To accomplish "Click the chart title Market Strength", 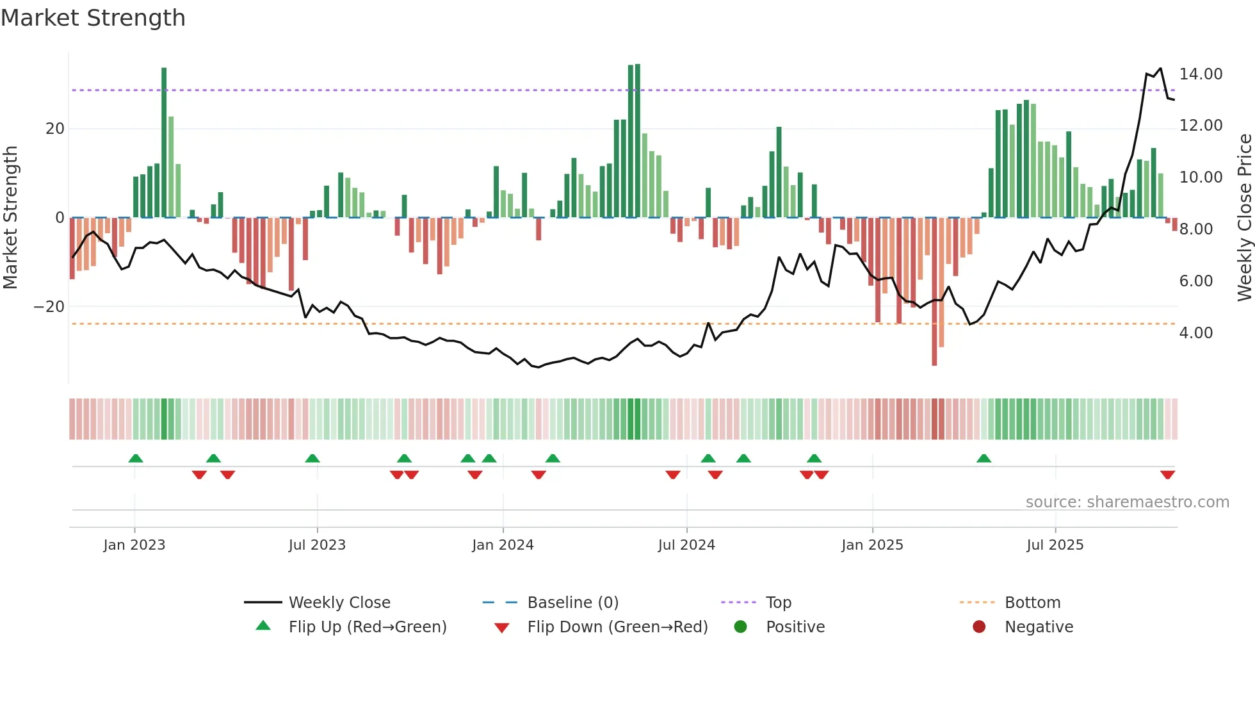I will click(x=93, y=18).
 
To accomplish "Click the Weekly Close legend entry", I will click(x=339, y=602).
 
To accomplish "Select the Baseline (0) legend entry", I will click(x=572, y=602).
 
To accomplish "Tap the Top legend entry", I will click(x=778, y=602).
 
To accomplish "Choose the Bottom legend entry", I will click(x=1032, y=602).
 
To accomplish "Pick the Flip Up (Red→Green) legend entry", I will click(x=367, y=627).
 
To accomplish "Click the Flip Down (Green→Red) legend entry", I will click(x=617, y=627).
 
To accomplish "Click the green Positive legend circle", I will click(x=741, y=627).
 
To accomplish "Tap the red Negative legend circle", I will click(x=979, y=627).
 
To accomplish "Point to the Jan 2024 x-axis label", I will click(x=503, y=545).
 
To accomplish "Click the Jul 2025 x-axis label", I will click(x=1055, y=545).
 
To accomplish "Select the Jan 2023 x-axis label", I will click(x=134, y=545).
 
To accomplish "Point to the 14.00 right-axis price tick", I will click(x=1201, y=74).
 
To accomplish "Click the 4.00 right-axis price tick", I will click(x=1195, y=333).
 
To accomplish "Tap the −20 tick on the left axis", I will click(x=49, y=307).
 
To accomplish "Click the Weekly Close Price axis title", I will click(x=1244, y=218).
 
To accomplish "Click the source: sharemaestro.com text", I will click(x=1127, y=502).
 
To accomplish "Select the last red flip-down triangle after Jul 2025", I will click(x=1167, y=475).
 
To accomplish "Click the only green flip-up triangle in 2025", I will click(x=984, y=458).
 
